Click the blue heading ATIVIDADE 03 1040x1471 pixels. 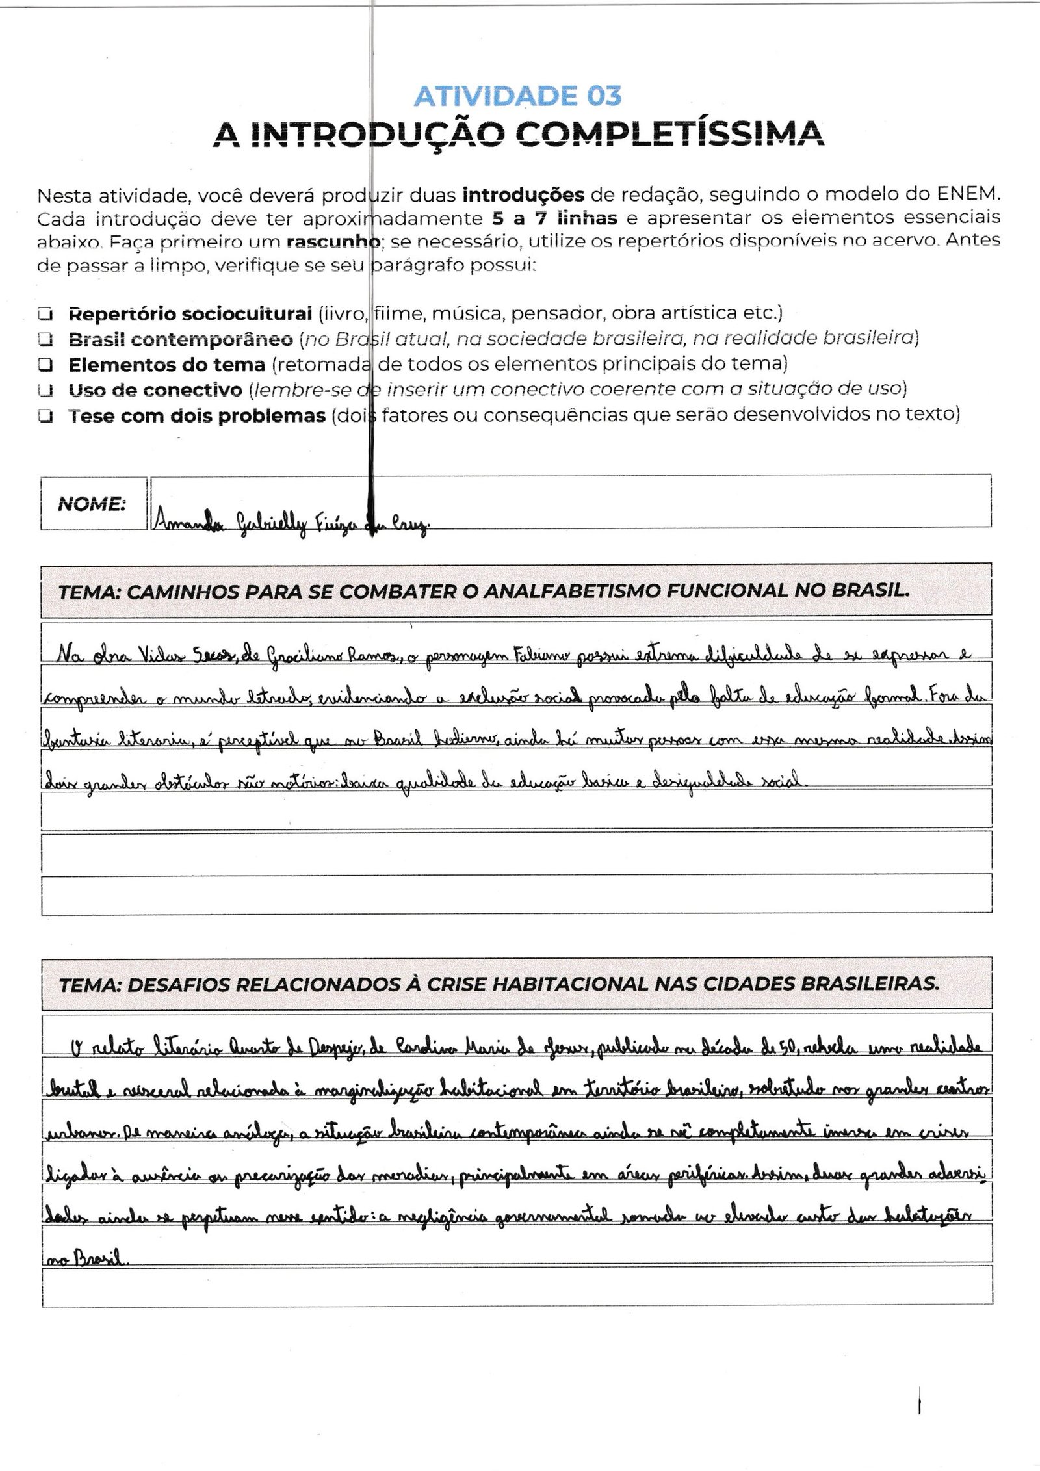point(517,96)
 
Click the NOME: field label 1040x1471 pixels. point(92,504)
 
